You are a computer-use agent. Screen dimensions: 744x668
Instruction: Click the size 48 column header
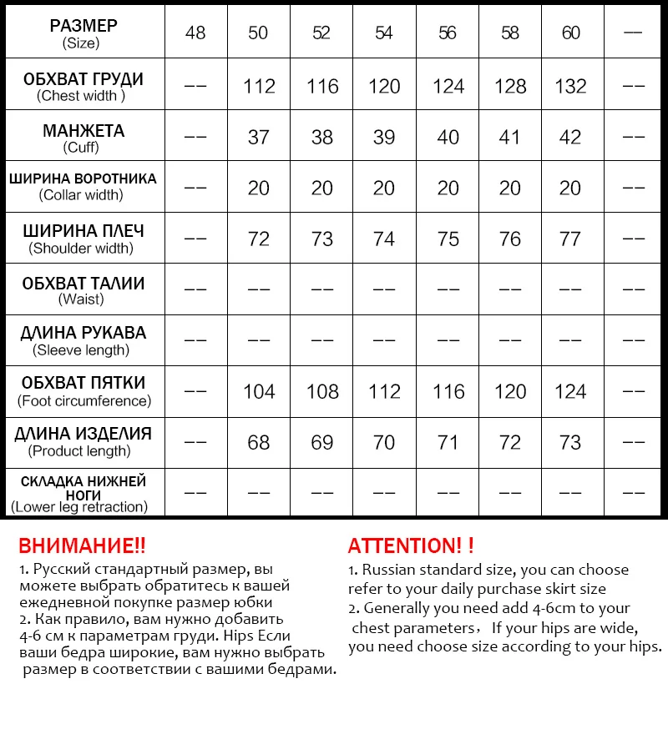coord(195,33)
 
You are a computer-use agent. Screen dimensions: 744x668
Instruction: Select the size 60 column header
coord(571,33)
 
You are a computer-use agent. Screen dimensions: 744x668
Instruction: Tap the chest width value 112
coord(259,86)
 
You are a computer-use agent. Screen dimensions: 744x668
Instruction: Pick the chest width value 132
coord(571,86)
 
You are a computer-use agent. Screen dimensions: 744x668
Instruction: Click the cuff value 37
coord(259,137)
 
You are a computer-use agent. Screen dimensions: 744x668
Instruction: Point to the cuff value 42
coord(571,137)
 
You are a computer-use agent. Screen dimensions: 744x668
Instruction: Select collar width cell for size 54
coord(384,188)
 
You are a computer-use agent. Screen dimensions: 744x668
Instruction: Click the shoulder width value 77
coord(571,239)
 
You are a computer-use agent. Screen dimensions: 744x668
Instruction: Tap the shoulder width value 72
coord(259,239)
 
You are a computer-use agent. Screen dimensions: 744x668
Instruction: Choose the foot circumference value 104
coord(259,391)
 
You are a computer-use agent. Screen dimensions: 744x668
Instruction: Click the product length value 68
coord(259,442)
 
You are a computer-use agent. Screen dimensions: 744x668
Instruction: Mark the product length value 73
coord(571,442)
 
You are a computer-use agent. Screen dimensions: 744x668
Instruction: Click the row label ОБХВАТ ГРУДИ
coord(83,79)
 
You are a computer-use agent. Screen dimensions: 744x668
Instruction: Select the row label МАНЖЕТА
coord(83,131)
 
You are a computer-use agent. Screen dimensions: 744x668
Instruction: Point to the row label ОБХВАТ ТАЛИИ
coord(83,284)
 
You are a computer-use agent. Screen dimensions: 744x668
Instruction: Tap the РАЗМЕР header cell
coord(83,26)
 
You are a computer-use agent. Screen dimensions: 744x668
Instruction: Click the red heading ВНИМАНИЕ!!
coord(82,546)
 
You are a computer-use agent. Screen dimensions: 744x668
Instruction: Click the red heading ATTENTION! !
coord(411,546)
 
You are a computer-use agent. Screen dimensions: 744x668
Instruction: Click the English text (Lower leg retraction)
coord(79,506)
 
